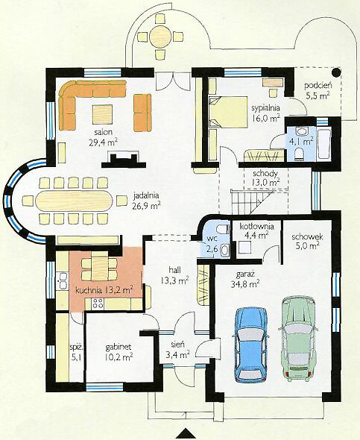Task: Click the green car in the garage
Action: [298, 339]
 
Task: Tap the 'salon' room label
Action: [104, 132]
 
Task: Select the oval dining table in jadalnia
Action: [74, 201]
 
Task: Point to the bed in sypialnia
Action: [227, 112]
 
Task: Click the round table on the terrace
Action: [160, 36]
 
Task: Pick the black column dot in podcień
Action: [336, 72]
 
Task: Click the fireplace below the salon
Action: [124, 160]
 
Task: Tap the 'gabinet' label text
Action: [119, 347]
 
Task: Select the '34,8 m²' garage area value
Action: [244, 284]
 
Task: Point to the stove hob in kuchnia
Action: [98, 304]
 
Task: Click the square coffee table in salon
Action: [102, 114]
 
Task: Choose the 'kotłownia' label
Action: [256, 226]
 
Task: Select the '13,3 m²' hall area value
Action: [174, 280]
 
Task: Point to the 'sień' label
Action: [177, 345]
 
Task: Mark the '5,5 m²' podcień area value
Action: [318, 95]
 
